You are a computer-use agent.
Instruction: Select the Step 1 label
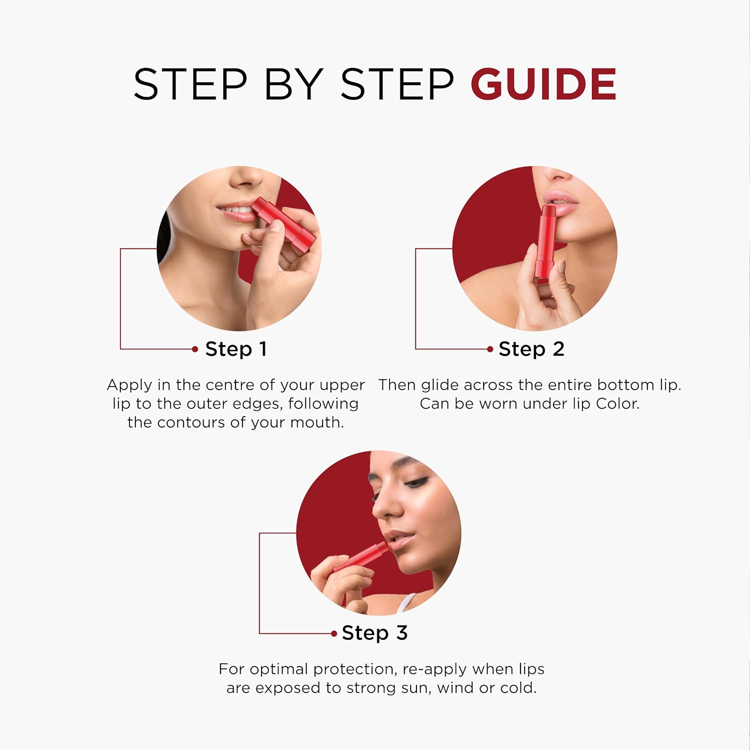point(236,349)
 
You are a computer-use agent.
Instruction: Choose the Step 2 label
point(531,349)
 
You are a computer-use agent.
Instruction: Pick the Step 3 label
point(375,633)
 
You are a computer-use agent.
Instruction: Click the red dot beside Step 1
point(195,349)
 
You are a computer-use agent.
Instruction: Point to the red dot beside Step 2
point(490,349)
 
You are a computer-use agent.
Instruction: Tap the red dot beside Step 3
point(334,633)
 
